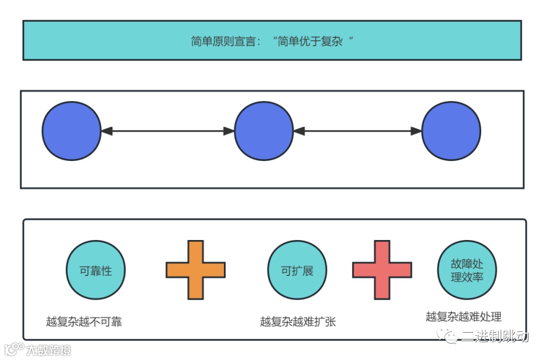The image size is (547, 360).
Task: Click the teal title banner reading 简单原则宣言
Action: click(x=272, y=41)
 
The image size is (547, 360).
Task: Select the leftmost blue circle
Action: click(x=71, y=131)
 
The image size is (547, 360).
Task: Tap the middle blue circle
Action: click(x=264, y=131)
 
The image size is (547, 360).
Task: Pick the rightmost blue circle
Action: click(x=451, y=131)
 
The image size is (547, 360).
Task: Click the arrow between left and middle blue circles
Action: click(x=168, y=131)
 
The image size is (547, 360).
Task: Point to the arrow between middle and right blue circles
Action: click(x=358, y=131)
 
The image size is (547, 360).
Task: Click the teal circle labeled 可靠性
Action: click(x=96, y=270)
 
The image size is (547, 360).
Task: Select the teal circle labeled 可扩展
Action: click(x=297, y=270)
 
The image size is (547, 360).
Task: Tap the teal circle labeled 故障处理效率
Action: click(x=467, y=270)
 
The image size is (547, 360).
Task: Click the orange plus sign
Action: click(x=196, y=270)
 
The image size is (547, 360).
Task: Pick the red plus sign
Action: click(x=382, y=270)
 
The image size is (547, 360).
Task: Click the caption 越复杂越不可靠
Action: click(x=84, y=322)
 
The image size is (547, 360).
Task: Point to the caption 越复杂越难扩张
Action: click(x=298, y=322)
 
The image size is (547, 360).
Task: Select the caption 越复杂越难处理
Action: click(x=463, y=317)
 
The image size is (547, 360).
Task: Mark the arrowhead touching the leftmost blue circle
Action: click(x=106, y=131)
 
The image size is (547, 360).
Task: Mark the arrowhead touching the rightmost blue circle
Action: click(x=417, y=131)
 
